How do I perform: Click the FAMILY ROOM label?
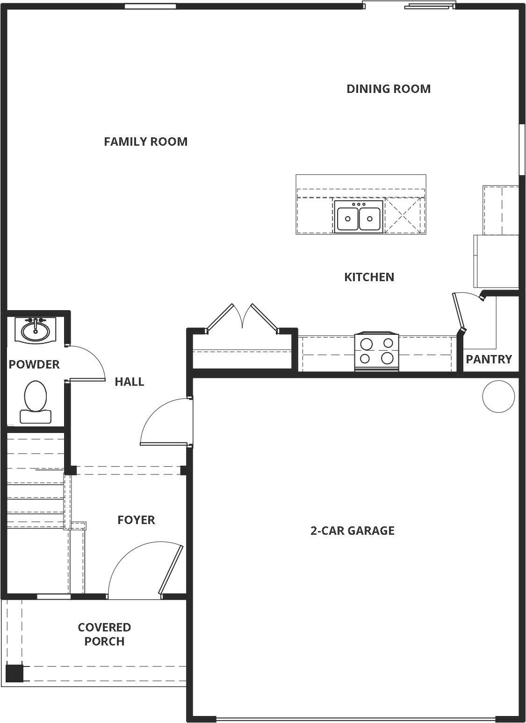146,142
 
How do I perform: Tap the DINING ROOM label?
389,89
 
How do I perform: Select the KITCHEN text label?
369,277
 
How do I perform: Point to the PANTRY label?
489,359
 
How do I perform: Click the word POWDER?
34,364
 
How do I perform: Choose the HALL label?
129,382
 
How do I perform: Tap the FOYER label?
136,520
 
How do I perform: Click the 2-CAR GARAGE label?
352,531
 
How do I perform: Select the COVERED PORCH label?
104,634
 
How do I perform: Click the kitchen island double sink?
359,216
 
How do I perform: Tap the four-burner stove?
377,352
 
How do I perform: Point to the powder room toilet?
36,402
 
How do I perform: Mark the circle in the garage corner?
498,397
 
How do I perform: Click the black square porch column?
14,673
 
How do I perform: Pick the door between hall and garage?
165,422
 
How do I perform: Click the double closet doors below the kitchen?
242,318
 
